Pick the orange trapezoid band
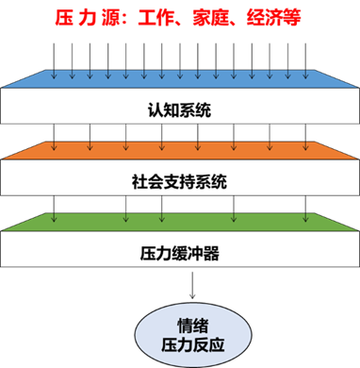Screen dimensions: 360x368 (x=179, y=150)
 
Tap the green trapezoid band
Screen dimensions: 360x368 (x=179, y=222)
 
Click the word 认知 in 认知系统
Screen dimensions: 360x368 (x=163, y=111)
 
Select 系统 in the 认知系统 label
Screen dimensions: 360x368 (x=195, y=111)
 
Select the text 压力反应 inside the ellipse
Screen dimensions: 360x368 (x=179, y=342)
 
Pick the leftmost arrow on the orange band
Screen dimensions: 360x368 (x=55, y=147)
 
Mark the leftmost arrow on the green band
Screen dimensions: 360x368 (x=57, y=219)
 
